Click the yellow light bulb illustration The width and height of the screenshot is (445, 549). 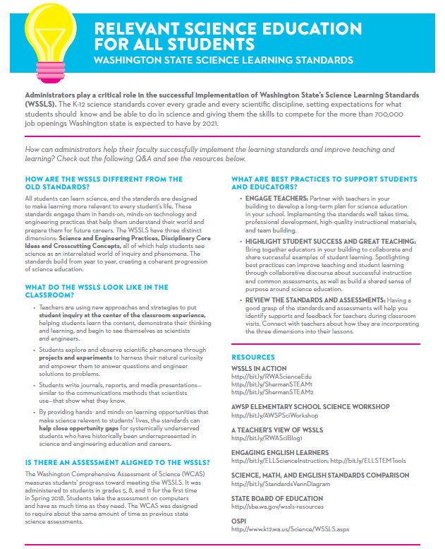pyautogui.click(x=49, y=35)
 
